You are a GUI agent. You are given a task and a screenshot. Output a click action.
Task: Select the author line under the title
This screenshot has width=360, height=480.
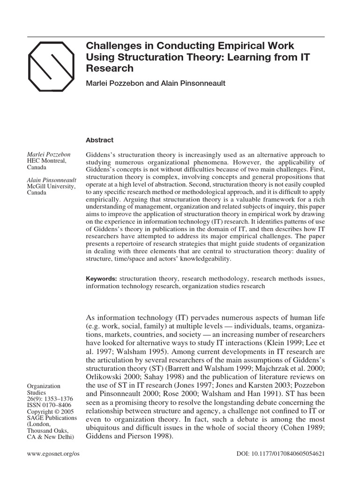[x=149, y=83]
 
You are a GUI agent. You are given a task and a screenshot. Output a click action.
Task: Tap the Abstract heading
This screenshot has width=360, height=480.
[x=99, y=140]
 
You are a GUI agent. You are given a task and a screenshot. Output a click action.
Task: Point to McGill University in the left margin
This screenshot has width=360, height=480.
[x=51, y=186]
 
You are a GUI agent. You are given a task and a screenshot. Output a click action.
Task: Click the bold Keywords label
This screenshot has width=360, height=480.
[x=101, y=278]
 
